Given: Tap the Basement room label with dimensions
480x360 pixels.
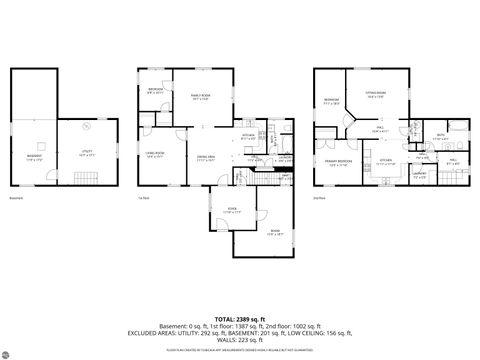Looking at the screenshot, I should coord(35,159).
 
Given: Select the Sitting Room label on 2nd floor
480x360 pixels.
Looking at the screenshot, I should coord(376,96).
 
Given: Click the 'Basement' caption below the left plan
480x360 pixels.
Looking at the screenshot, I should coord(16,197).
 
